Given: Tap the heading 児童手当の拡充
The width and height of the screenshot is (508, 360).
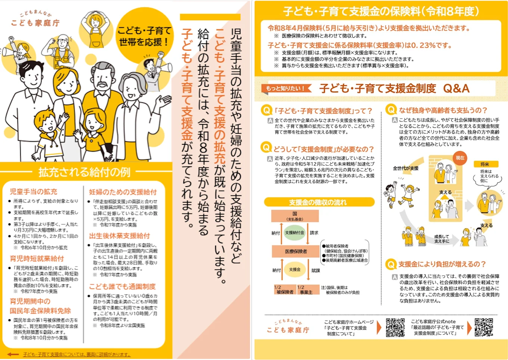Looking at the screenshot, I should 34,192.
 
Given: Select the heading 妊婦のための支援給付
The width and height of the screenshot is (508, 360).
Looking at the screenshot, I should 123,192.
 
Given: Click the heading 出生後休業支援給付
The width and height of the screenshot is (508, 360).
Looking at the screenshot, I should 120,236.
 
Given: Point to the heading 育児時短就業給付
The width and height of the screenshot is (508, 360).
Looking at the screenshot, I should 37,259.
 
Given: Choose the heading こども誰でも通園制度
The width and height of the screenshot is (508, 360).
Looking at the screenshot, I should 122,287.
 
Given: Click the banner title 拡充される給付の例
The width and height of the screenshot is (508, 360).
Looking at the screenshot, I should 84,172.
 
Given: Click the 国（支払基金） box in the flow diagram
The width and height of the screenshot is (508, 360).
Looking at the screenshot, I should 295,216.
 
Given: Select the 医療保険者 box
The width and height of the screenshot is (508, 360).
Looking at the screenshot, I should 296,251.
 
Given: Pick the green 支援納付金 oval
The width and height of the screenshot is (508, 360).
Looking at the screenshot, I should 295,233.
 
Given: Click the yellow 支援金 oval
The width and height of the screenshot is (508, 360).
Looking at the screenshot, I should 295,270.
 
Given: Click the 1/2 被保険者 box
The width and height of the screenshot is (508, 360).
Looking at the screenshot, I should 285,290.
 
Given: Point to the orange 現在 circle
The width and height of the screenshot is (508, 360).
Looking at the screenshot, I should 460,158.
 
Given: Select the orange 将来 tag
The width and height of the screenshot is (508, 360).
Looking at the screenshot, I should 485,164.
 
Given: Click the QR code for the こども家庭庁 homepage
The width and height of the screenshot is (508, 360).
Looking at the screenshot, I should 395,327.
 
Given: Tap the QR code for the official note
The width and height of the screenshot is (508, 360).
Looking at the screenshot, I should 484,327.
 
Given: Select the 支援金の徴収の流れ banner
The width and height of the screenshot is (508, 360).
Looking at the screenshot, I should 319,202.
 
